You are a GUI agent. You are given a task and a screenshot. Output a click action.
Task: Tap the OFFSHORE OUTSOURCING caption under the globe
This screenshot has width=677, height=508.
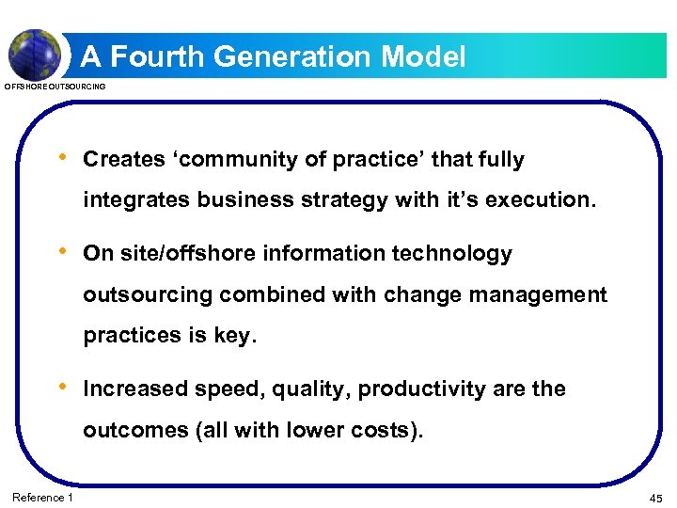pyautogui.click(x=55, y=87)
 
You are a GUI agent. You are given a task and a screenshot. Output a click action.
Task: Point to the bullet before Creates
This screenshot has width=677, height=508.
pyautogui.click(x=62, y=157)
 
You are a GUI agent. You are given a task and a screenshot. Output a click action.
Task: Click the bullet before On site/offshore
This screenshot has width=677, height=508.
pyautogui.click(x=62, y=251)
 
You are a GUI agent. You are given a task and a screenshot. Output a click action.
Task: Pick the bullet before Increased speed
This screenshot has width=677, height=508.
pyautogui.click(x=62, y=387)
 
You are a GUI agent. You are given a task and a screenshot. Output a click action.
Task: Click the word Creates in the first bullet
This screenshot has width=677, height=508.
pyautogui.click(x=124, y=160)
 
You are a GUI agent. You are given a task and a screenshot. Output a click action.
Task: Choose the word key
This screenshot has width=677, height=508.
pyautogui.click(x=234, y=336)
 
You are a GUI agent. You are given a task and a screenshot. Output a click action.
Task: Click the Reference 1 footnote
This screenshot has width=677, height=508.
pyautogui.click(x=42, y=497)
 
